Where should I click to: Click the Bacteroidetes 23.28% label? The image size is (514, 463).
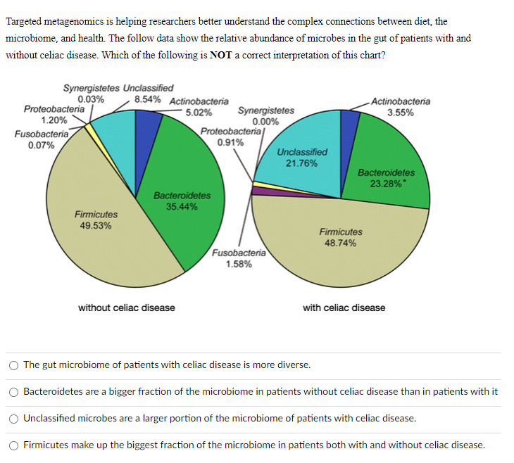coord(386,178)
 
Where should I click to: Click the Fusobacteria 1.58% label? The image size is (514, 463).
coord(239,258)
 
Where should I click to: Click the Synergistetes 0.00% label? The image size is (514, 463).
coord(266,115)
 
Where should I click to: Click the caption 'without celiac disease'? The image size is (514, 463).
coord(127,307)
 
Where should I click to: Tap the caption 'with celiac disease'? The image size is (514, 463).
coord(344,307)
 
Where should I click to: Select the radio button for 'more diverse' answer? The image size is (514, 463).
coord(13,365)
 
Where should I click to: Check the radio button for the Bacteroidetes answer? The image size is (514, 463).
coord(13,392)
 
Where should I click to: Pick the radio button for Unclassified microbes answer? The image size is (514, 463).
coord(13,419)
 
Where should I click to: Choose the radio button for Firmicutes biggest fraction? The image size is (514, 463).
coord(13,445)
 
